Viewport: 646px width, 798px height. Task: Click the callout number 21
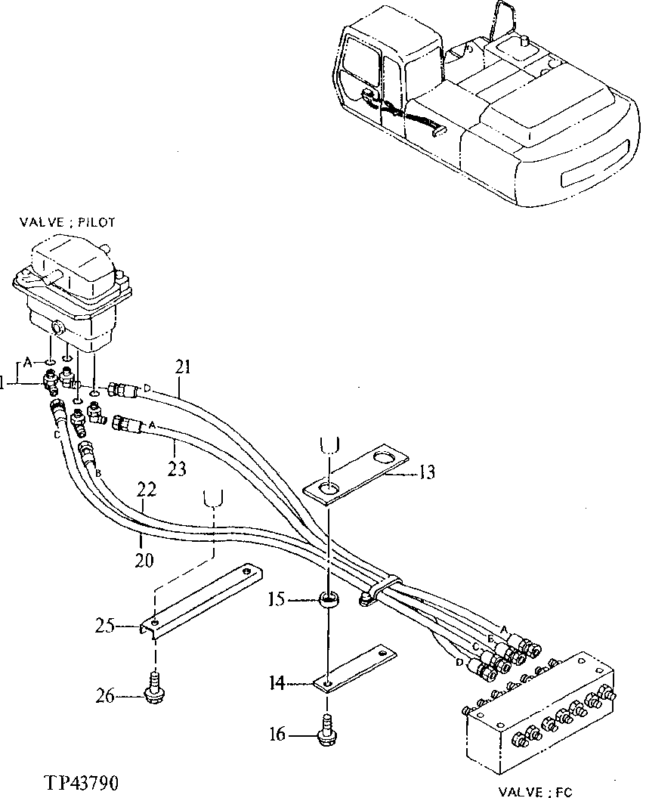coord(183,368)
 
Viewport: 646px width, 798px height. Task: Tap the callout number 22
coord(147,490)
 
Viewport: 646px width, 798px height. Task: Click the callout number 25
coord(105,624)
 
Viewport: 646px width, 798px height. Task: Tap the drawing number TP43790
coord(73,781)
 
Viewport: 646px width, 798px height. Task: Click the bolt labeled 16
coord(327,727)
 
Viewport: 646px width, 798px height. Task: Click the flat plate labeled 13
coord(356,476)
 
